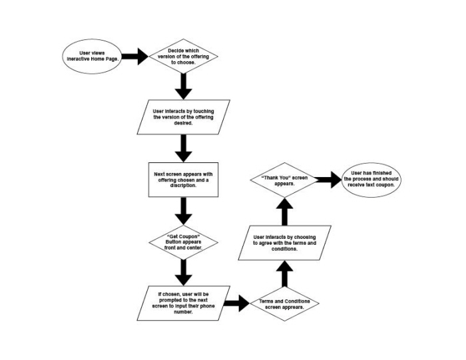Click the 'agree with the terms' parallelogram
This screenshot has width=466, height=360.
tap(284, 242)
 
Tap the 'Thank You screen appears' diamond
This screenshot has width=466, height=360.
tap(284, 180)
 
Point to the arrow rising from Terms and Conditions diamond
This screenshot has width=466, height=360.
tap(284, 275)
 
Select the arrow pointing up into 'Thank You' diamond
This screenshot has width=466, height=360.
tap(284, 212)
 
